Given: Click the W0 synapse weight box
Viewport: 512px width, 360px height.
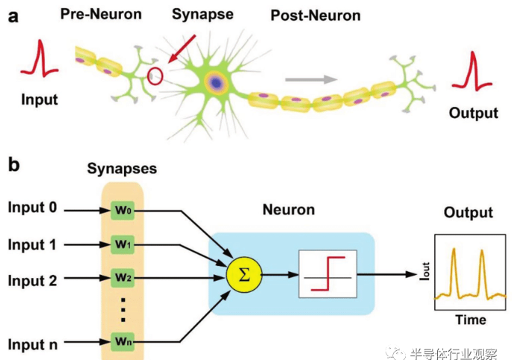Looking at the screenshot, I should point(123,211).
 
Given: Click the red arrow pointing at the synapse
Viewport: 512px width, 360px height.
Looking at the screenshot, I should point(183,46).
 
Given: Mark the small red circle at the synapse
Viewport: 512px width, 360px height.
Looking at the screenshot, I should point(155,75).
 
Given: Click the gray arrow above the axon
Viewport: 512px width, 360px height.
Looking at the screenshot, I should point(310,77).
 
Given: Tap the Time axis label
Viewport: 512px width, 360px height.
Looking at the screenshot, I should point(471,320).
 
